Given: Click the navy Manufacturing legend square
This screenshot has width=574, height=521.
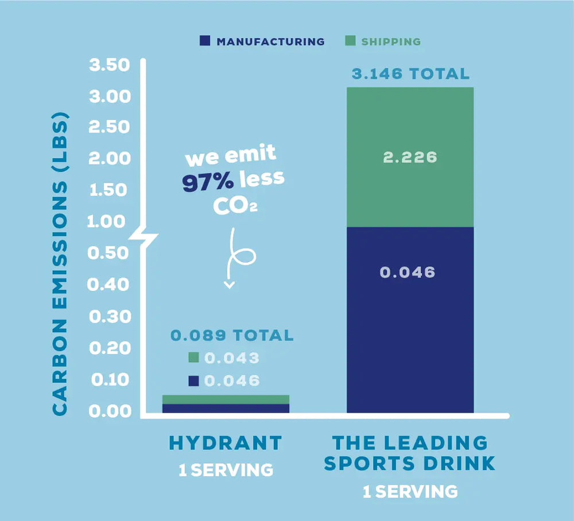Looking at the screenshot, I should pos(204,41).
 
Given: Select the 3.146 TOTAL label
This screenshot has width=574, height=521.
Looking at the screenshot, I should pos(410,74).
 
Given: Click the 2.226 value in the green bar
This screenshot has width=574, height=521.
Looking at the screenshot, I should pos(410,157).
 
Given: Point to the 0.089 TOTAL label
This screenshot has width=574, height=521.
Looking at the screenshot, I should pos(232,335).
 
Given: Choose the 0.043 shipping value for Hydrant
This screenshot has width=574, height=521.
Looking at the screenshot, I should pos(232,359).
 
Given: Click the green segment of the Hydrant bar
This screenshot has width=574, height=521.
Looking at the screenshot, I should pos(226,399).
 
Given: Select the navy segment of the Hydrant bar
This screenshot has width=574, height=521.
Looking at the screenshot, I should pos(226,409).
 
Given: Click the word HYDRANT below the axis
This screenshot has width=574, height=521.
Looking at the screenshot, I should pos(226,443).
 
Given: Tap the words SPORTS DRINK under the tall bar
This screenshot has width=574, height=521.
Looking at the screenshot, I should pos(409,464).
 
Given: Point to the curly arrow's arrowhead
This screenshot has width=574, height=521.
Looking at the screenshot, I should pos(229,285).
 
